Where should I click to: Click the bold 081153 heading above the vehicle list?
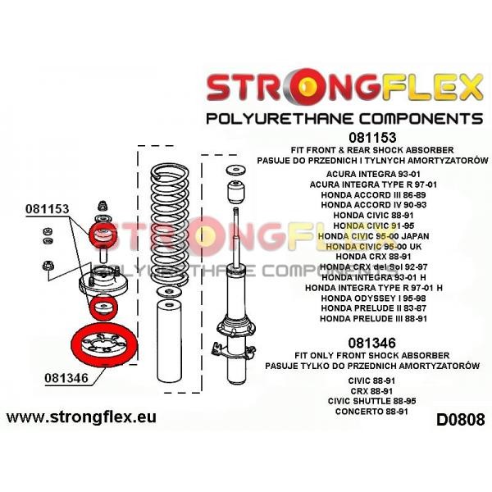tap(372, 138)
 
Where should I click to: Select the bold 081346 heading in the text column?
tap(371, 343)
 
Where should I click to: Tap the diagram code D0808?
tap(460, 420)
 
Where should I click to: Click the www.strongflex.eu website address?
tap(81, 417)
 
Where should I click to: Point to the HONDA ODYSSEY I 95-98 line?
tap(373, 298)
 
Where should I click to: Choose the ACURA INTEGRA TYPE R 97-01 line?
tap(373, 184)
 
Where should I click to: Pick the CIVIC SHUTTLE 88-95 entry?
tap(371, 401)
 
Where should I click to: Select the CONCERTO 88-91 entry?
tap(371, 412)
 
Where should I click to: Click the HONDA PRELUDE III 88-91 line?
tap(373, 318)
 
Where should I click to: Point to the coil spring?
tap(170, 225)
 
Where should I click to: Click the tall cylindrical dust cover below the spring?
tap(169, 341)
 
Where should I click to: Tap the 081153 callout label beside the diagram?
tap(47, 209)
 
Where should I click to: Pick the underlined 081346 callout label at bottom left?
tap(66, 378)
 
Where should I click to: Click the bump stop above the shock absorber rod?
tap(236, 192)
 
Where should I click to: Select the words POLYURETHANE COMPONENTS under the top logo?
tap(344, 119)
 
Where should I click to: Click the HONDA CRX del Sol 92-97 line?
tap(373, 266)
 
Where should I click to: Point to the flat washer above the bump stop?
tap(236, 170)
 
